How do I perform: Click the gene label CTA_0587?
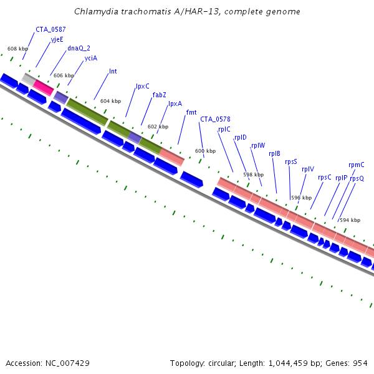[x=50, y=29]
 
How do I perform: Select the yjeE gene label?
[x=57, y=39]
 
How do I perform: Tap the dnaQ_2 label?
[x=79, y=48]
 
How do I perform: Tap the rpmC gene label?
[x=357, y=165]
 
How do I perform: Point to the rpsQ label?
[x=357, y=178]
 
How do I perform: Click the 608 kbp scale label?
[x=17, y=49]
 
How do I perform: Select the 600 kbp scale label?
[x=205, y=151]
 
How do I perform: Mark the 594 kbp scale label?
[x=350, y=220]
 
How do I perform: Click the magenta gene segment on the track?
[x=43, y=87]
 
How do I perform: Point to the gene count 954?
[x=360, y=363]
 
